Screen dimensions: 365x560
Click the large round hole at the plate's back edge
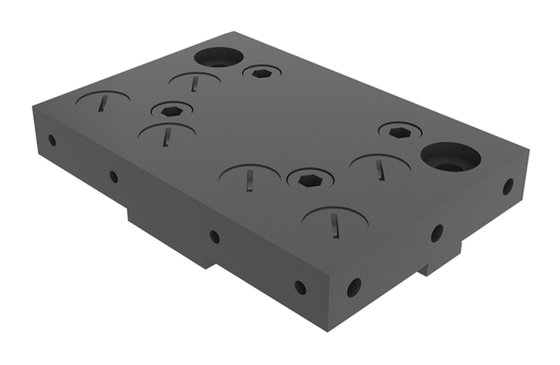pos(218,57)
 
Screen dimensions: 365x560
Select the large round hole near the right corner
pos(450,157)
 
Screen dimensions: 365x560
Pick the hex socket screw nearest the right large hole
pos(400,132)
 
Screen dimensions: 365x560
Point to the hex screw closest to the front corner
pos(310,180)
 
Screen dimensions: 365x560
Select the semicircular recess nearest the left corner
pos(103,101)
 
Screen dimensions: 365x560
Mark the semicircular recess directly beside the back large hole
pos(194,80)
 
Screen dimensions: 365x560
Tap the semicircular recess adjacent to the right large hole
pos(380,165)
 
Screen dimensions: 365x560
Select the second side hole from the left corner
pos(113,177)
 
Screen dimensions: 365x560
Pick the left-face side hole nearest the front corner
pos(300,288)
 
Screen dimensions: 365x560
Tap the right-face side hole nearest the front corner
pos(354,287)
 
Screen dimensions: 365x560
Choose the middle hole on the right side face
pos(437,233)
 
